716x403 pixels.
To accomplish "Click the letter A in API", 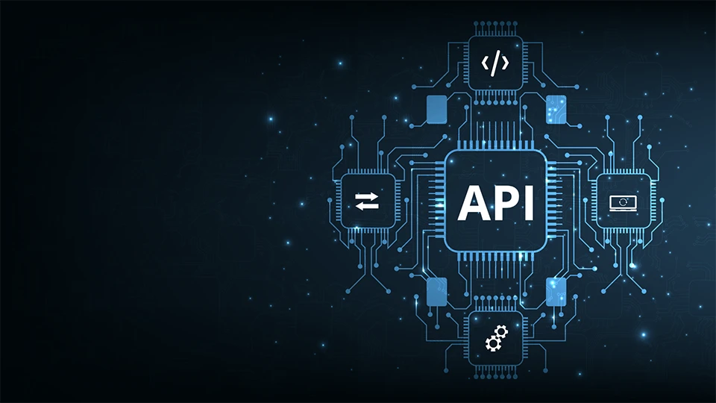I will [472, 202].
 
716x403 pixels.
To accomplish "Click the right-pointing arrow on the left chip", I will [367, 196].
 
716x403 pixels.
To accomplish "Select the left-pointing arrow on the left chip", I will [366, 206].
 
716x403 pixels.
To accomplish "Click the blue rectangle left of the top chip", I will [436, 109].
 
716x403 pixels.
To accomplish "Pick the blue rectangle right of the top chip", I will [556, 109].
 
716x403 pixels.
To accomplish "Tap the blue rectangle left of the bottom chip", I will [436, 292].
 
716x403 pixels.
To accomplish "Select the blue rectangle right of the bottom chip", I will [556, 292].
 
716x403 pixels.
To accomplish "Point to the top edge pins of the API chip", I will [495, 144].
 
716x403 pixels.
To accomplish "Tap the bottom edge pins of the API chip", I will [495, 257].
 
